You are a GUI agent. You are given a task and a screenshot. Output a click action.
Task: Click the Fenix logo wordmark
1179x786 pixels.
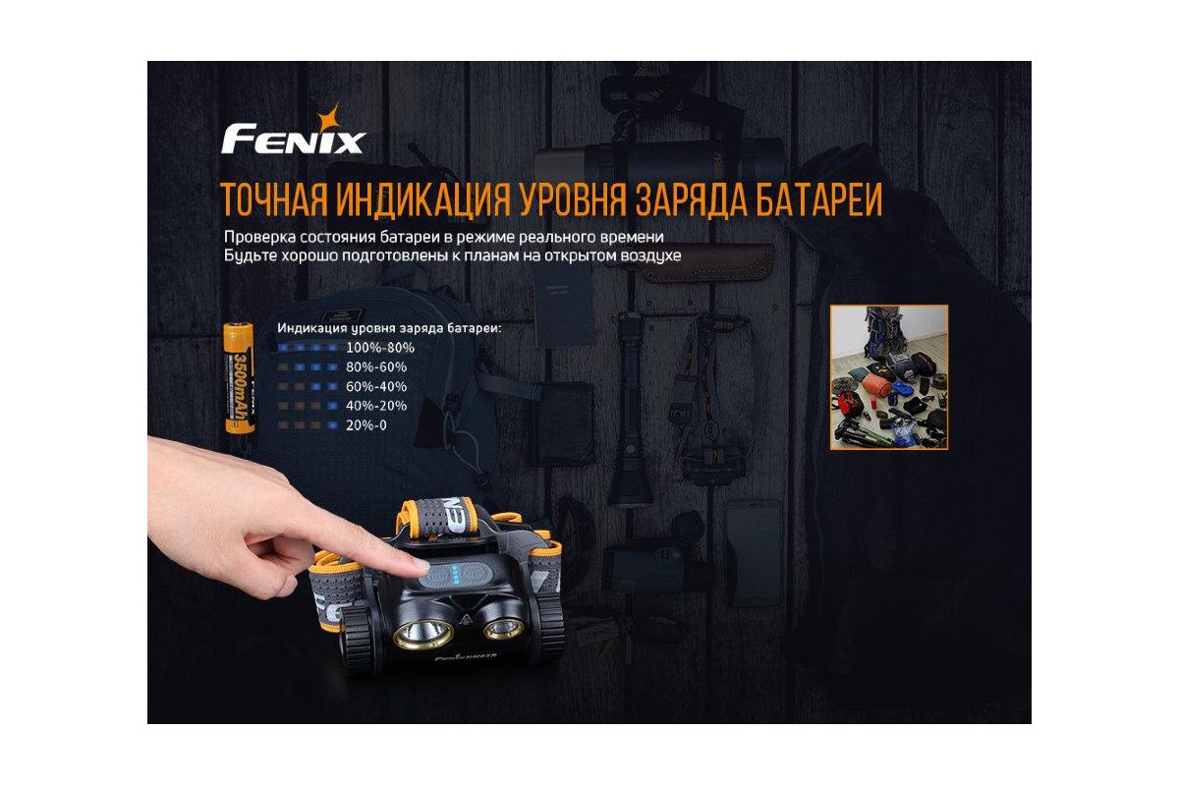coord(293,139)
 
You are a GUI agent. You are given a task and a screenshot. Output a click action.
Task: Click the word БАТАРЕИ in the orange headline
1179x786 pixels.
coord(819,199)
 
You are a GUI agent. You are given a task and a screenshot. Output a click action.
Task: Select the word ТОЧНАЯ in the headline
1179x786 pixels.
coord(273,199)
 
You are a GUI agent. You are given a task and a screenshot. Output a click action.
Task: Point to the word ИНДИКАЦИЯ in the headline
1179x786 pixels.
coord(423,199)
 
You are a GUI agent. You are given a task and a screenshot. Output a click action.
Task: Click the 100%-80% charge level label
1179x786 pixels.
coord(380,348)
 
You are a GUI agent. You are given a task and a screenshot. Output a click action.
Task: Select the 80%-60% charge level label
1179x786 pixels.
coord(376,366)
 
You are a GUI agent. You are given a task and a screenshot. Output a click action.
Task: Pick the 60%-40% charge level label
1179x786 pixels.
coord(376,386)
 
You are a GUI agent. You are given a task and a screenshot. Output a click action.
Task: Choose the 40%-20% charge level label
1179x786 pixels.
coord(376,406)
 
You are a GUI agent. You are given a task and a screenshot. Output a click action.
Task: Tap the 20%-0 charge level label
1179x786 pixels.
coord(366,425)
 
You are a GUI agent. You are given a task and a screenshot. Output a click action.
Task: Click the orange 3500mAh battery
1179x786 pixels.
coord(240,378)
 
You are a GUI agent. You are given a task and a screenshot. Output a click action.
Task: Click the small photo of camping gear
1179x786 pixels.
coord(889,377)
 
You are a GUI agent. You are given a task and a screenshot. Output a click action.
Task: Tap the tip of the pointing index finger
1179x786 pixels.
coord(425,567)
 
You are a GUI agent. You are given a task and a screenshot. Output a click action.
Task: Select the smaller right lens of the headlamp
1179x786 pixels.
coord(503,627)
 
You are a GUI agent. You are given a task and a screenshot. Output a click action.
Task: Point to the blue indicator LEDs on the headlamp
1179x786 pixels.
coord(455,575)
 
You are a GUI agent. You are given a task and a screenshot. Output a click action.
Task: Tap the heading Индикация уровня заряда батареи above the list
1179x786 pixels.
coord(389,328)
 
